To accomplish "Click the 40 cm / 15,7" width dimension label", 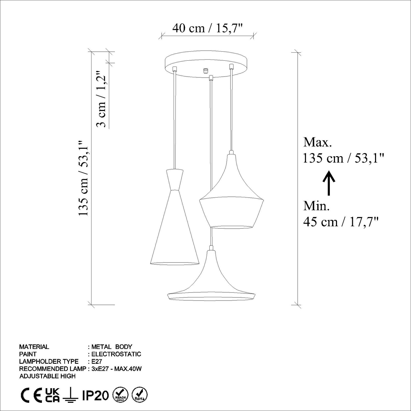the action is (x=208, y=28).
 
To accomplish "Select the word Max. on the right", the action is (x=317, y=142).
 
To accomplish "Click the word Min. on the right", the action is (x=316, y=206).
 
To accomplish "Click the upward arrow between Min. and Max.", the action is (x=329, y=184).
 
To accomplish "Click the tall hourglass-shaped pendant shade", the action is (x=175, y=217).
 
